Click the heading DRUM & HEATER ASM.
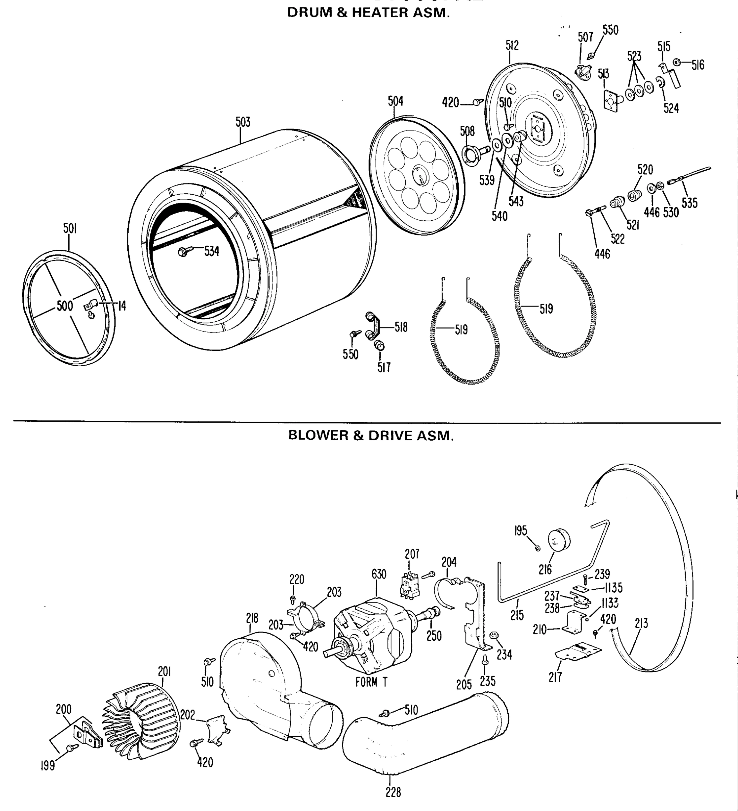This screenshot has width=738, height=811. click(368, 13)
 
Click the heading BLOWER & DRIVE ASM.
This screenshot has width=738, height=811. click(371, 435)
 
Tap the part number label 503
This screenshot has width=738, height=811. click(243, 122)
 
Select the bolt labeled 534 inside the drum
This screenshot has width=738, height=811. click(183, 252)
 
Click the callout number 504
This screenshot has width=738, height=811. click(395, 101)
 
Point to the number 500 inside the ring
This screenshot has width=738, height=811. click(65, 306)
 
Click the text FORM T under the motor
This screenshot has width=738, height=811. click(371, 682)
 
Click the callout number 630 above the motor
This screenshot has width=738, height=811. click(378, 574)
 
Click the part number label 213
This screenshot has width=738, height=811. click(641, 623)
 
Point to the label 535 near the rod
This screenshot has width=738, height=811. click(689, 203)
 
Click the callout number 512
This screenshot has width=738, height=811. click(512, 46)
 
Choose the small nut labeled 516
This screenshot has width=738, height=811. click(677, 62)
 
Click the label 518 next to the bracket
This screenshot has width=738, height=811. click(401, 327)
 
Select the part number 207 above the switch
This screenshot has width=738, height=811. click(412, 554)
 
